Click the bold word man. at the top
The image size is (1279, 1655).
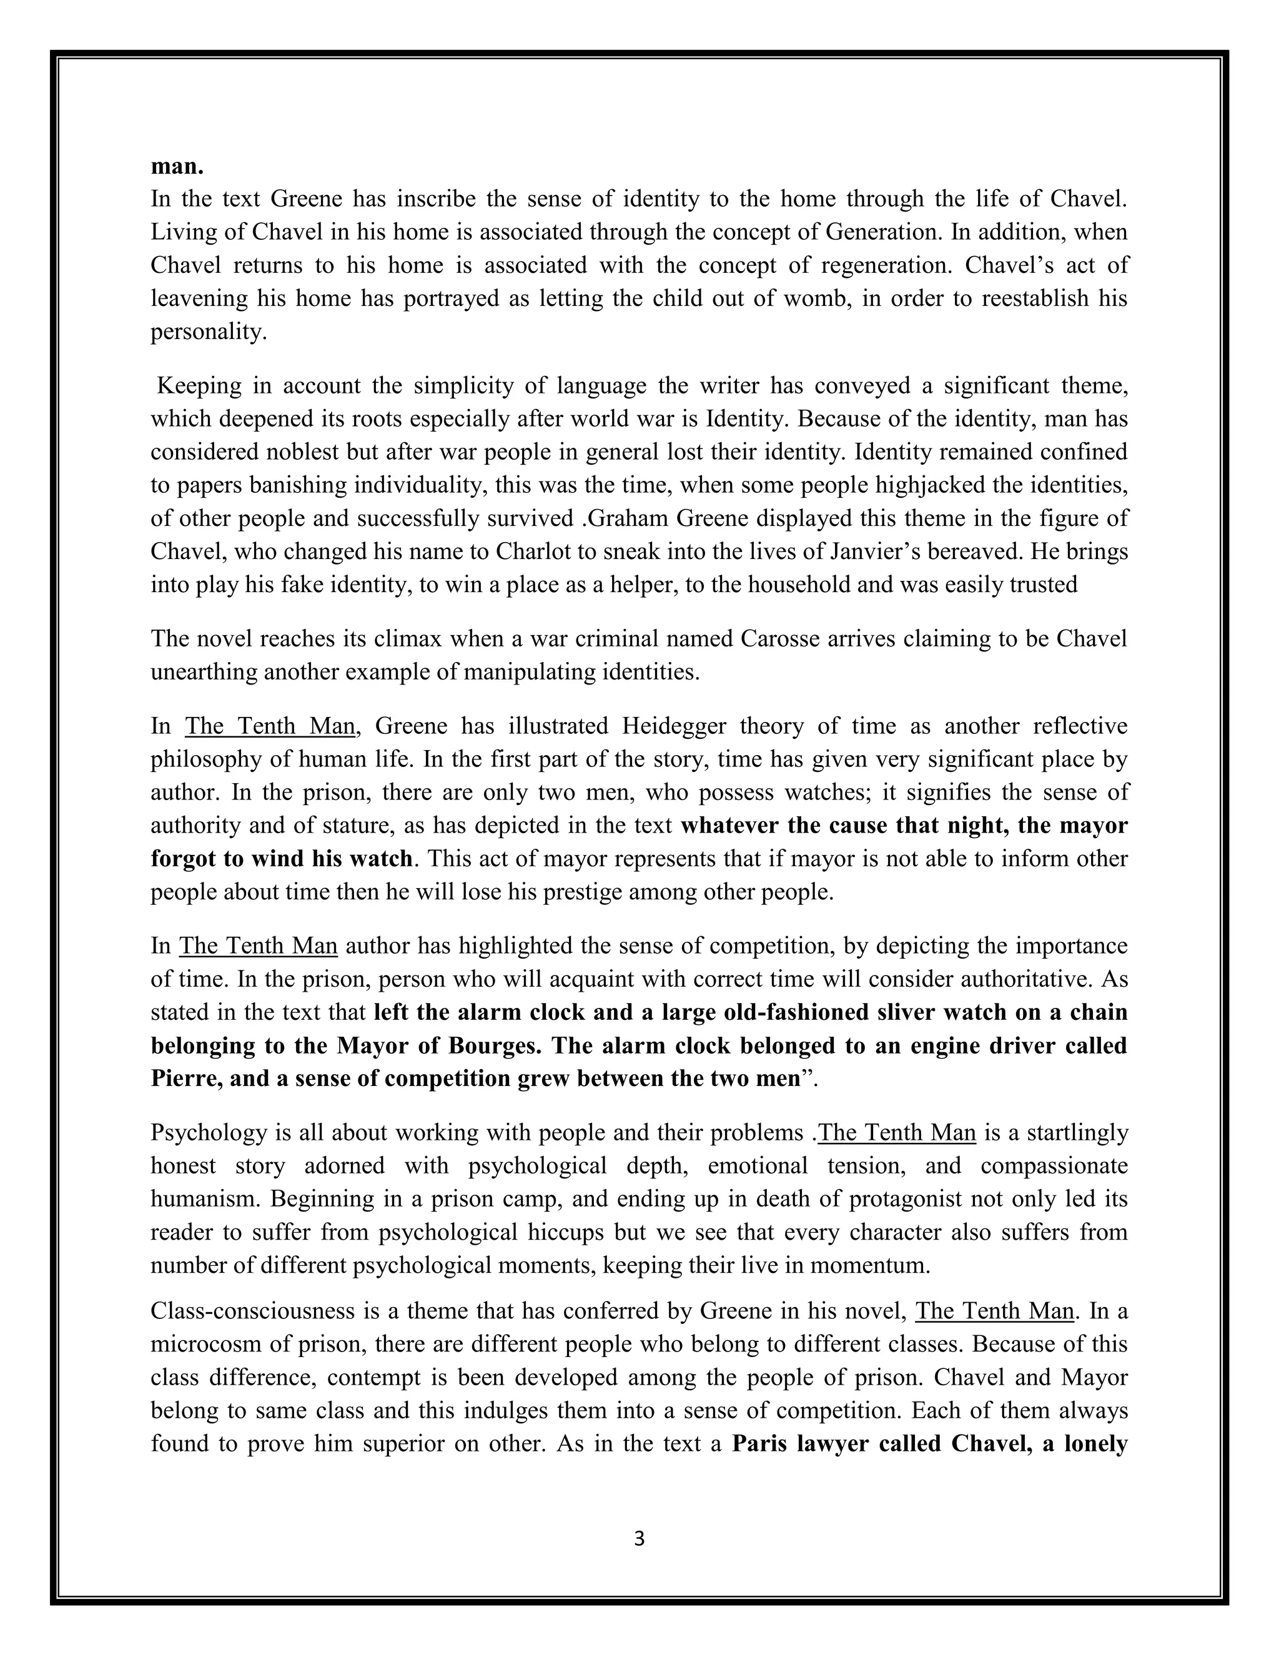pos(177,166)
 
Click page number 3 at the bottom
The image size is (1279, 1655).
pos(639,1538)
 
